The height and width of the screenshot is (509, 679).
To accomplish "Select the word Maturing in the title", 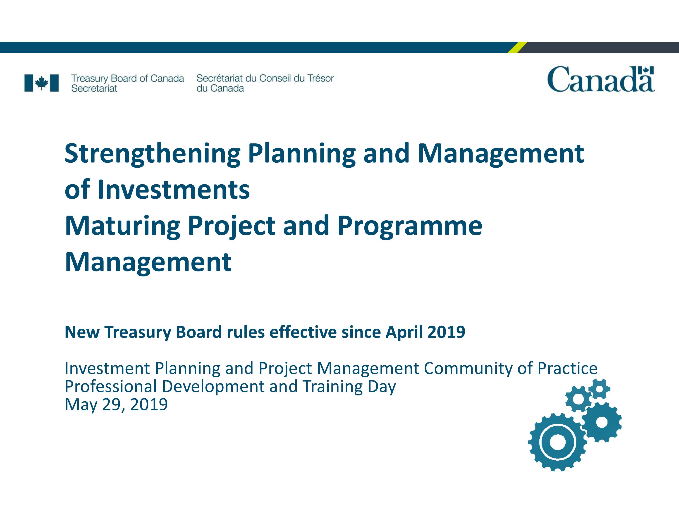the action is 122,227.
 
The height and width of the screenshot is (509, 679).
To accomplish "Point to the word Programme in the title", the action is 410,227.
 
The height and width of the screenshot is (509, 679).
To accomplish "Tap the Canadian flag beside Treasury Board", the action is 41,83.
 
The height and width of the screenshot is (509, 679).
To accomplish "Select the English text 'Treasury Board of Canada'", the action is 128,78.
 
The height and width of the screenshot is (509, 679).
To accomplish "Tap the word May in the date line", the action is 81,405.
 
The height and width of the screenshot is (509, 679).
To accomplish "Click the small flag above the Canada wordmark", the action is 646,70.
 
